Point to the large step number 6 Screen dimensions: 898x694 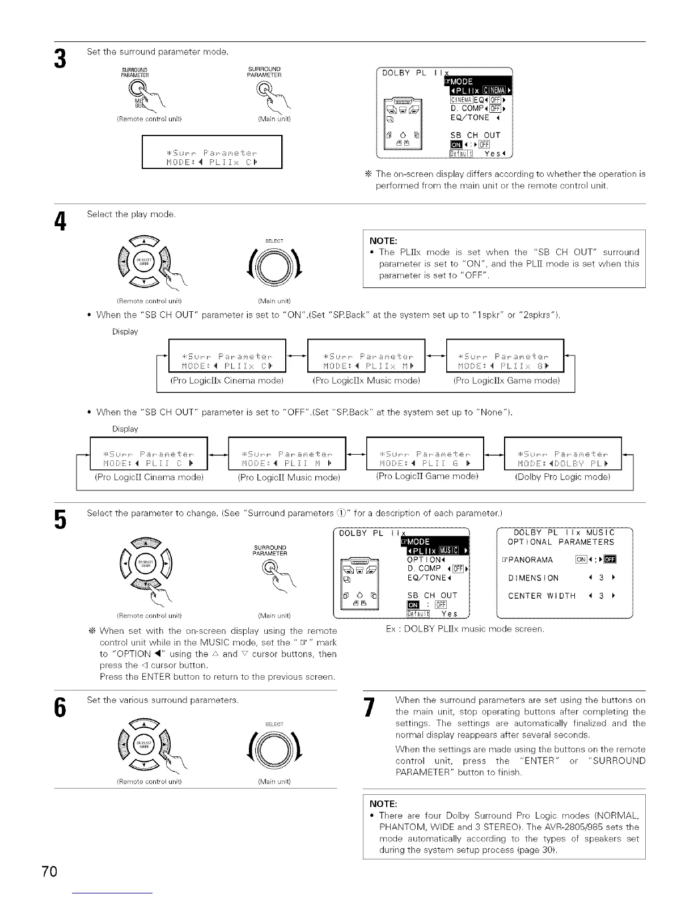pyautogui.click(x=59, y=707)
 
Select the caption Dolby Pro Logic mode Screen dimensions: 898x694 pyautogui.click(x=562, y=477)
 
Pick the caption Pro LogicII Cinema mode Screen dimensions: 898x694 pyautogui.click(x=149, y=477)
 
